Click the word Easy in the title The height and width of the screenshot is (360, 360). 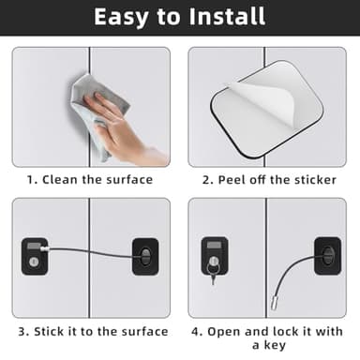tap(124, 17)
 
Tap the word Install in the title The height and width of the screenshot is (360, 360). tap(229, 17)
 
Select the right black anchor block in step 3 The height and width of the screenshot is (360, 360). tap(144, 256)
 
